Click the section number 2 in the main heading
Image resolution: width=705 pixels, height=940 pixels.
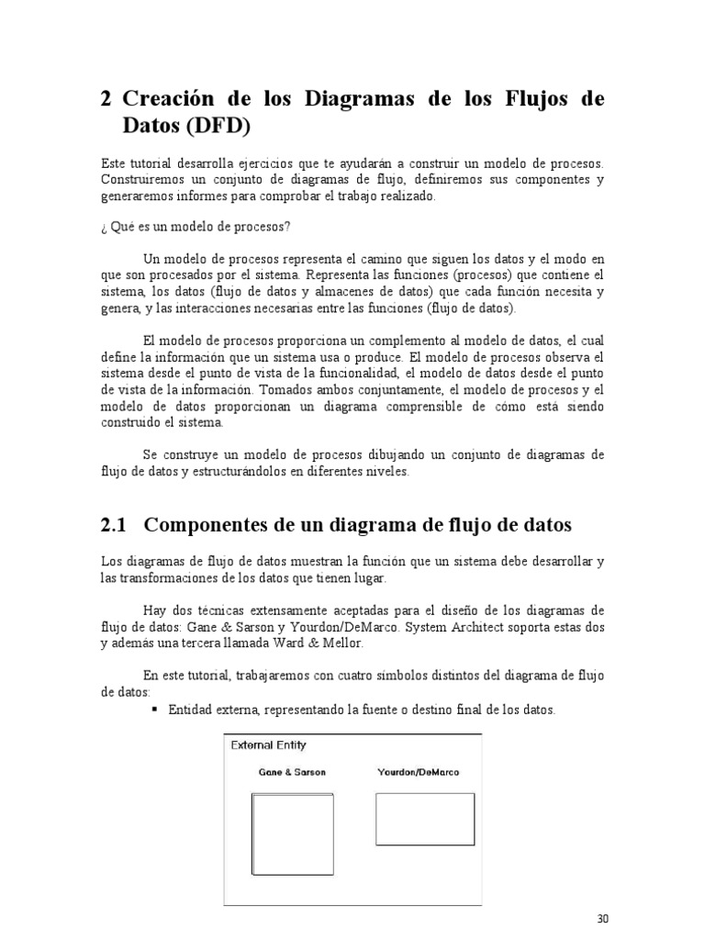[x=106, y=99]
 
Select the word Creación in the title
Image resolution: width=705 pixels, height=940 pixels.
[x=170, y=99]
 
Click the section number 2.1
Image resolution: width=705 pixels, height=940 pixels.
[x=112, y=525]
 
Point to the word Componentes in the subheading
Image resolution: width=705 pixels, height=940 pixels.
[x=204, y=525]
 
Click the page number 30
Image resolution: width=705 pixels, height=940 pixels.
[x=602, y=919]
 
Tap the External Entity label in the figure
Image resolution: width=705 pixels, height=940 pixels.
[x=268, y=744]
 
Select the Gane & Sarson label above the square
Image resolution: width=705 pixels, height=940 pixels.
[x=291, y=772]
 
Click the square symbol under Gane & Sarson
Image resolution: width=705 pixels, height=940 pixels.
[x=281, y=834]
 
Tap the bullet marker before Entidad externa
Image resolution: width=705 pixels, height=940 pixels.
[x=154, y=711]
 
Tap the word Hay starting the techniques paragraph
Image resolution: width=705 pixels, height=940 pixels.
[x=155, y=610]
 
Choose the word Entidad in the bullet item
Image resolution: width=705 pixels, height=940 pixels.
[x=190, y=711]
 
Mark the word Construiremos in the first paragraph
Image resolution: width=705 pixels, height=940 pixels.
[x=139, y=179]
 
